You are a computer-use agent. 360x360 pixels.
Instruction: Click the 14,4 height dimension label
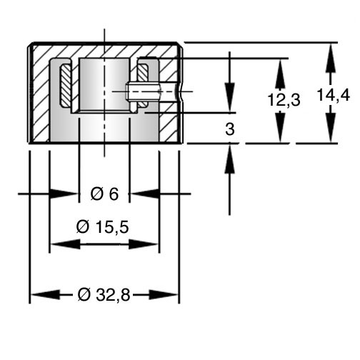pyautogui.click(x=334, y=95)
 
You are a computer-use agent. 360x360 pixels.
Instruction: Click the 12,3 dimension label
pyautogui.click(x=284, y=99)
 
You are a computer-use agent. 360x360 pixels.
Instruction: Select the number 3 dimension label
pyautogui.click(x=230, y=129)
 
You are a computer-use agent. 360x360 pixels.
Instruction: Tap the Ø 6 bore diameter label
pyautogui.click(x=104, y=194)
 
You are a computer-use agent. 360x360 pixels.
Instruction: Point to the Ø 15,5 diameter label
pyautogui.click(x=102, y=226)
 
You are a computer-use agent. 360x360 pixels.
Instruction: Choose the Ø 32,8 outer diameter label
pyautogui.click(x=104, y=295)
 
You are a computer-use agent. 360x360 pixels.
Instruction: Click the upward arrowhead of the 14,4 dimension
pyautogui.click(x=330, y=58)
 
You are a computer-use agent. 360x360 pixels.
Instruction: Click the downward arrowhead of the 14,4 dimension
pyautogui.click(x=330, y=128)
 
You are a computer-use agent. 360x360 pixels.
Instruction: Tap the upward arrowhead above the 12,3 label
pyautogui.click(x=281, y=74)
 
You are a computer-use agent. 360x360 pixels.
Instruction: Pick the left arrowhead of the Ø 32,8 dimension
pyautogui.click(x=45, y=295)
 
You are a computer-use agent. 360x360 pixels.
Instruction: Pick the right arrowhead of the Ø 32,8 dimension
pyautogui.click(x=164, y=295)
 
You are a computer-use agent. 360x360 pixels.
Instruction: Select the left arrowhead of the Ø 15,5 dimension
pyautogui.click(x=66, y=244)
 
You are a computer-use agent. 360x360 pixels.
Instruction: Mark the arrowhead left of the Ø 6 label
pyautogui.click(x=64, y=194)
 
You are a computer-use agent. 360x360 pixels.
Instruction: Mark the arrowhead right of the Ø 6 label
pyautogui.click(x=144, y=194)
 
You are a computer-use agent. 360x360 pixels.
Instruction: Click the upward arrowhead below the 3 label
pyautogui.click(x=230, y=159)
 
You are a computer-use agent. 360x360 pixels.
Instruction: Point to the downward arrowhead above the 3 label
pyautogui.click(x=230, y=97)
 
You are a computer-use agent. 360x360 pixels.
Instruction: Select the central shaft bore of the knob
pyautogui.click(x=104, y=84)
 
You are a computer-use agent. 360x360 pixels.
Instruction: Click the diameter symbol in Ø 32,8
pyautogui.click(x=84, y=295)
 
